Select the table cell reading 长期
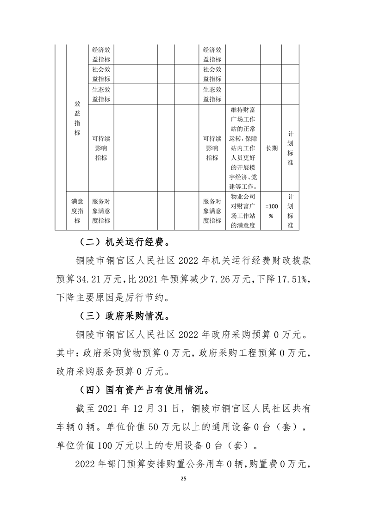pyautogui.click(x=271, y=148)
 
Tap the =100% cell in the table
pyautogui.click(x=271, y=210)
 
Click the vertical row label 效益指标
pyautogui.click(x=77, y=119)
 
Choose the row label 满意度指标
pyautogui.click(x=77, y=210)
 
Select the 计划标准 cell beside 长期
pyautogui.click(x=290, y=148)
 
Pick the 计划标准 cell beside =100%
pyautogui.click(x=290, y=210)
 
